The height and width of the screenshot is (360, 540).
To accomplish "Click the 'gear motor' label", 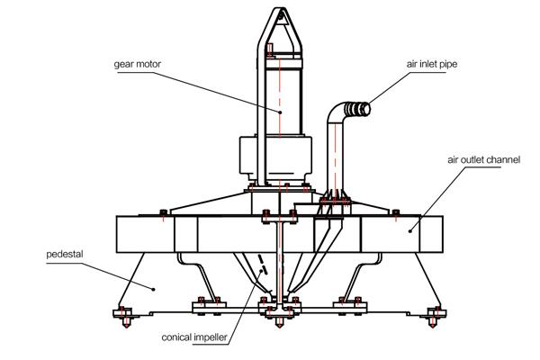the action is tap(138, 65).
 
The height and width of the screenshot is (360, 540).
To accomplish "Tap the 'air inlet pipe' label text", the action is tap(432, 64).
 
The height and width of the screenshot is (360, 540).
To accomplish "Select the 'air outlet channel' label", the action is tap(484, 160).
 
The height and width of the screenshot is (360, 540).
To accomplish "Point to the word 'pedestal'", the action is tap(65, 255).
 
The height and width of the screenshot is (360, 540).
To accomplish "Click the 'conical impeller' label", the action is tap(194, 337).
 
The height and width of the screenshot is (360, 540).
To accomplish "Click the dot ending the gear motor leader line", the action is tap(280, 112).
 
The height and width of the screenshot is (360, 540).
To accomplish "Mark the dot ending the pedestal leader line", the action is tap(154, 289).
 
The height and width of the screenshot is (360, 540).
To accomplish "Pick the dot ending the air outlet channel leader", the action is tap(410, 230).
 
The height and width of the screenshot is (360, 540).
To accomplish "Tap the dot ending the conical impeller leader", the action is tap(261, 271).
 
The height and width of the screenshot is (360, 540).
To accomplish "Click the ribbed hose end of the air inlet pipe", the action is tap(358, 109).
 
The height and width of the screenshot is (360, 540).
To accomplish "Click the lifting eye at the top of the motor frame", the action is tap(281, 14).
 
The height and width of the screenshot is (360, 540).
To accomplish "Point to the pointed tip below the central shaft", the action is tap(279, 323).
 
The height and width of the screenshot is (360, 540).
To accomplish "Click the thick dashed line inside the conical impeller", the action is tap(262, 263).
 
